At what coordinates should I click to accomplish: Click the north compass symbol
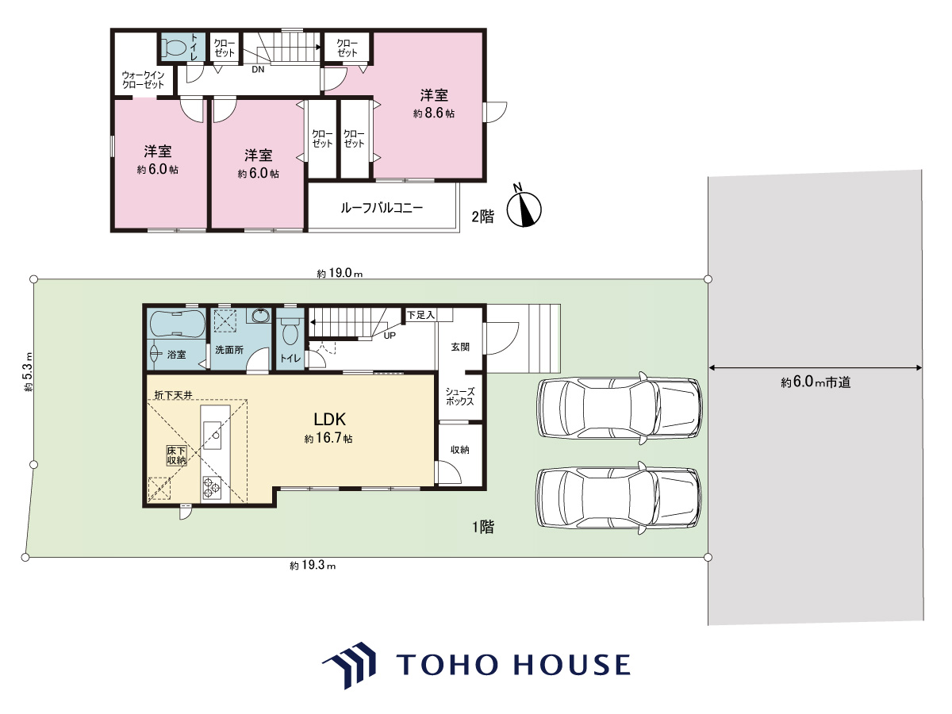coord(524,208)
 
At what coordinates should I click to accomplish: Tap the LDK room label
coord(329,419)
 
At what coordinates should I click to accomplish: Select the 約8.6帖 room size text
coord(434,113)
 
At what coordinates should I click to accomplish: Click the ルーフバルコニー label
coord(382,208)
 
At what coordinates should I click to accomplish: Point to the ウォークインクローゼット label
coord(143,80)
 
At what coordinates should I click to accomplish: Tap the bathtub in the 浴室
coord(178,322)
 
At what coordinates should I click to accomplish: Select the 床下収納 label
coord(176,455)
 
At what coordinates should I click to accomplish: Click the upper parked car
coord(619,408)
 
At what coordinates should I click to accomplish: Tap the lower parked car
coord(619,497)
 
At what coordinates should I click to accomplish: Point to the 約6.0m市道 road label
coord(816,382)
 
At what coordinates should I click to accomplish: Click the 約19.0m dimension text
coord(340,273)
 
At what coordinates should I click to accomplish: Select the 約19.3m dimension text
coord(313,566)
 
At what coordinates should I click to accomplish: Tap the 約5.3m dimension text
coord(28,372)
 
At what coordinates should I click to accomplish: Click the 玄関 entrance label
coord(459,347)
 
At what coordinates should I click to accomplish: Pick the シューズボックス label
coord(459,397)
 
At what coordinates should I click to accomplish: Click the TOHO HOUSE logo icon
coord(350,666)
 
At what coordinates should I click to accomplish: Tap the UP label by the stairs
coord(390,336)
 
